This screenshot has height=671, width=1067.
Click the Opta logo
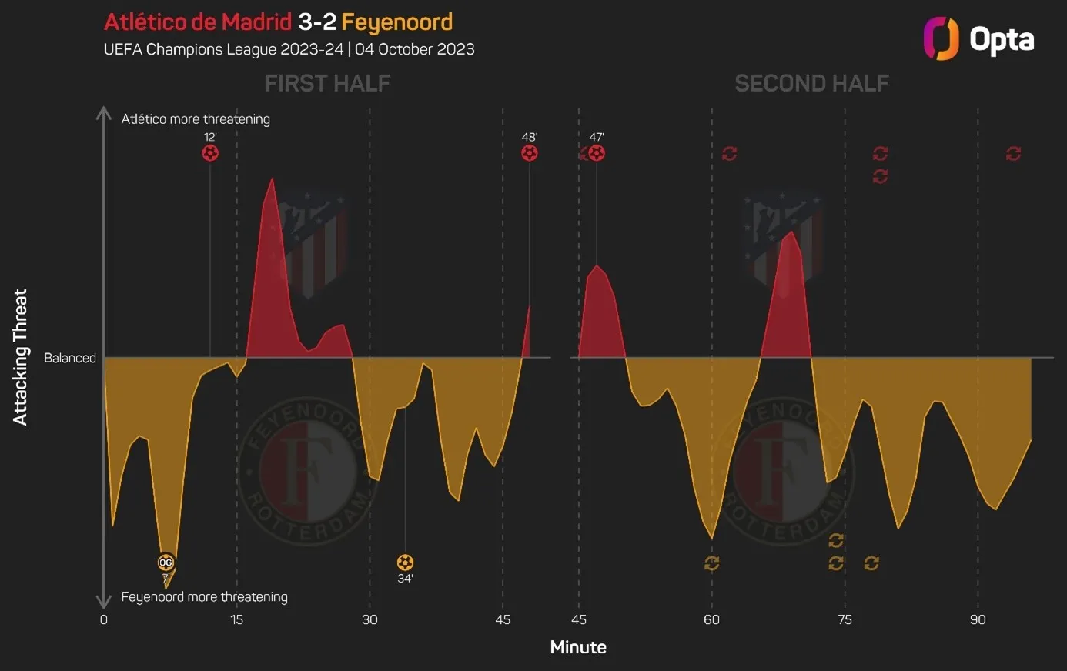tap(978, 38)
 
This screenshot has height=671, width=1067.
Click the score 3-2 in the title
tap(316, 22)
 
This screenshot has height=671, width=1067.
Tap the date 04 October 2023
tap(415, 49)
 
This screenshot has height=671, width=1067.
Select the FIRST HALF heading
tap(327, 83)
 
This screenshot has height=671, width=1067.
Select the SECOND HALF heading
tap(811, 83)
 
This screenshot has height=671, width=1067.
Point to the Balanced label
tap(70, 358)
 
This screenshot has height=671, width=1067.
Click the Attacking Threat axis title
tap(20, 357)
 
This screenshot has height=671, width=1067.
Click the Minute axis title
tap(578, 647)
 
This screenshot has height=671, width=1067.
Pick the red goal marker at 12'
tap(210, 153)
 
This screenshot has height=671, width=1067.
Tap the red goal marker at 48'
tap(529, 153)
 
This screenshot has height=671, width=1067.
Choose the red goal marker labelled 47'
tap(597, 153)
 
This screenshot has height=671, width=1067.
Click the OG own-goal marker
tap(166, 563)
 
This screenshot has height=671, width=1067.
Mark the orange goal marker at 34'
tap(405, 563)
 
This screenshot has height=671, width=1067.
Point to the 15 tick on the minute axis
tap(236, 620)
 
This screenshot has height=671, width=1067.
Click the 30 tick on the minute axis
tap(370, 620)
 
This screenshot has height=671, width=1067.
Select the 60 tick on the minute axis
tap(711, 620)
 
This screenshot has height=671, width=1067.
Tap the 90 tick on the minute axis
tap(978, 620)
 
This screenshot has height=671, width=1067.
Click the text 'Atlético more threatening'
tap(196, 119)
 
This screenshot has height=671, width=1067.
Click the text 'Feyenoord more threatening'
tap(204, 597)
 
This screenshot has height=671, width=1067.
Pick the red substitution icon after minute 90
tap(1013, 154)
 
